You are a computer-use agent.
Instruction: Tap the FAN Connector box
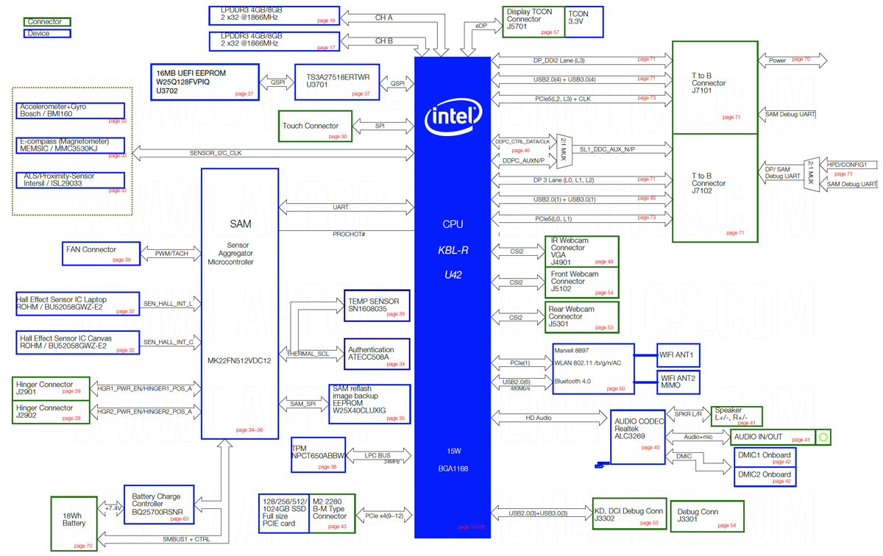[102, 254]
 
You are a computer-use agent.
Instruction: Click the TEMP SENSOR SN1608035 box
[377, 306]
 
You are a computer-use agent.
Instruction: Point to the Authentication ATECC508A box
[377, 354]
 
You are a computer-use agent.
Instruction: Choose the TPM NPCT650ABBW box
[318, 456]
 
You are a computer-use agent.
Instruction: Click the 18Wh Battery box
[74, 523]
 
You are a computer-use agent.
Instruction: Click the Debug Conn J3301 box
[707, 516]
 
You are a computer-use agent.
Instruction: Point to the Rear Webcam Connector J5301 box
[581, 317]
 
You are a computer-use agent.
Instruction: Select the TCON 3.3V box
[584, 22]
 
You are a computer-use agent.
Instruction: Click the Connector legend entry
[47, 22]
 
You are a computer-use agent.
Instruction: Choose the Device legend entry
[47, 33]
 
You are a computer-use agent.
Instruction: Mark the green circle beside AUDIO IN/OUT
[823, 438]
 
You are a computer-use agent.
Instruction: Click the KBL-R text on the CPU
[453, 251]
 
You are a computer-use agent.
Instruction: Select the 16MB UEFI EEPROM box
[205, 82]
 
